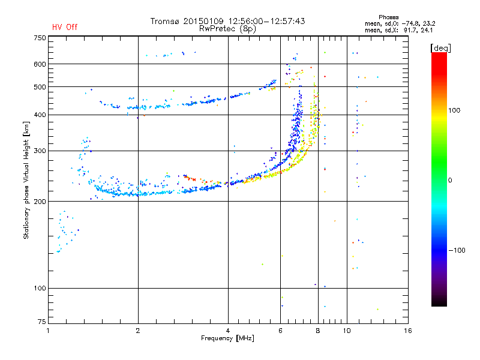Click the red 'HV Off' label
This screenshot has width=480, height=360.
[65, 27]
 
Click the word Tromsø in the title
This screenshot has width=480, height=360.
[164, 21]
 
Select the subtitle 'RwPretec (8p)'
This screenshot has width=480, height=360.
[227, 29]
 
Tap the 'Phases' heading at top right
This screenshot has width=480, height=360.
[388, 17]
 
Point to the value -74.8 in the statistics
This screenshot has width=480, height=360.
[411, 23]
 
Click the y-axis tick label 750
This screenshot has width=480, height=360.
[40, 38]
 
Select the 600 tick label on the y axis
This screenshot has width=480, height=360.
[40, 64]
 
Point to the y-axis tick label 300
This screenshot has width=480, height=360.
[40, 151]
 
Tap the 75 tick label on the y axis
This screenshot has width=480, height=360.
[42, 322]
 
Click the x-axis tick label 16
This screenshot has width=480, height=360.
[408, 331]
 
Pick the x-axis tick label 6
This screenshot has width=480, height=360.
[280, 331]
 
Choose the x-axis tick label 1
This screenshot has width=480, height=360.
[48, 331]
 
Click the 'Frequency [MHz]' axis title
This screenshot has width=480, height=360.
[227, 338]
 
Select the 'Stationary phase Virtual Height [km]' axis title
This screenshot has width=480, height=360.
[26, 180]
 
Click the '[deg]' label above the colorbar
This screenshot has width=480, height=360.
[440, 48]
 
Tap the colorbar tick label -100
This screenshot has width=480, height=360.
[457, 250]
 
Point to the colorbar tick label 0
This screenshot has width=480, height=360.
[450, 181]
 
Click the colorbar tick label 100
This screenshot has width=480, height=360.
[454, 110]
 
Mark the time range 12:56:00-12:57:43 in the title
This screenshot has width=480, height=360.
[266, 21]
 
